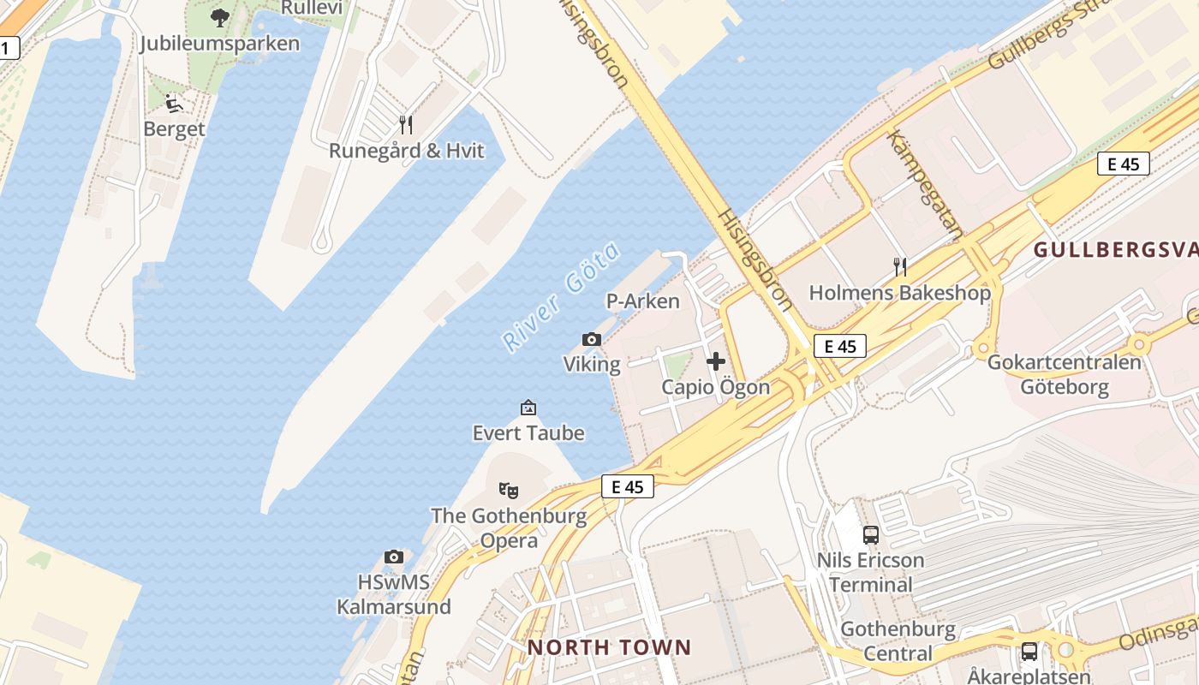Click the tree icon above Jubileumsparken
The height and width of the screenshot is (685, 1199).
click(x=220, y=17)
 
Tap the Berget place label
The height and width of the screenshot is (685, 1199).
click(x=174, y=129)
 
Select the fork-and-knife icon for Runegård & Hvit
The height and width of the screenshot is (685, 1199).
click(x=406, y=125)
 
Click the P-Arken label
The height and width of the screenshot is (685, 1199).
click(x=642, y=301)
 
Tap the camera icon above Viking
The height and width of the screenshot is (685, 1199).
click(x=592, y=340)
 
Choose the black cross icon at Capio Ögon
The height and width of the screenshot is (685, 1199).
click(x=716, y=361)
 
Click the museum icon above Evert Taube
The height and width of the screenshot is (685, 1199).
click(x=528, y=408)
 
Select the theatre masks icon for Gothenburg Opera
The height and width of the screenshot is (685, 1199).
click(x=509, y=491)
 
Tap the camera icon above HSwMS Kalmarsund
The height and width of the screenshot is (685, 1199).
click(x=394, y=557)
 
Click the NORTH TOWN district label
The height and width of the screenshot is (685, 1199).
click(x=609, y=647)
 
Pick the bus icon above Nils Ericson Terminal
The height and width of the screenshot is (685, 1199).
click(x=871, y=535)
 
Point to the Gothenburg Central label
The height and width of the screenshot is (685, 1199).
click(x=898, y=641)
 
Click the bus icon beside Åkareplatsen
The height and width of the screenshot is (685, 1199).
click(x=1029, y=652)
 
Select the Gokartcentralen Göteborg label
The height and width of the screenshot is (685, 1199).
click(x=1064, y=374)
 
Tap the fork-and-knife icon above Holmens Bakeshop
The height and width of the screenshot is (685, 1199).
click(x=899, y=267)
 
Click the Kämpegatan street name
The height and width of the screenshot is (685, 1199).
click(x=925, y=184)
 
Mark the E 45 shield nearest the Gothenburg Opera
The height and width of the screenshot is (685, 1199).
click(x=628, y=486)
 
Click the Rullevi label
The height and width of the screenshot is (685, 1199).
click(x=312, y=8)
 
